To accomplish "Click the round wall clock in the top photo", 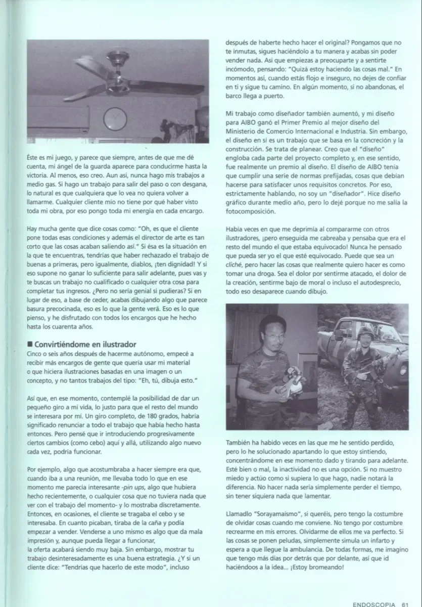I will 115,119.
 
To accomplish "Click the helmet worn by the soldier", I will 365,332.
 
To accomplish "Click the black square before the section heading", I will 30,344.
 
